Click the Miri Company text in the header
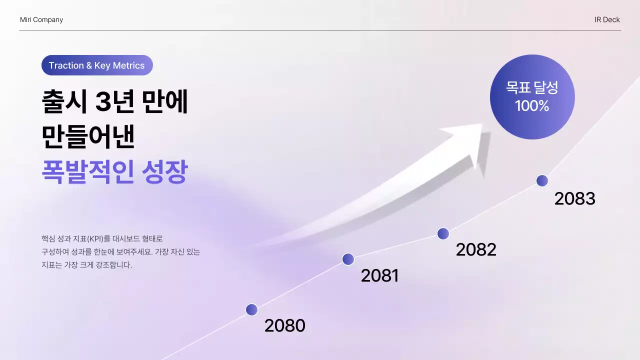[x=41, y=20]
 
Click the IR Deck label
[x=607, y=20]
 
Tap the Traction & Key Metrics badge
[x=97, y=65]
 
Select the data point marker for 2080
[x=252, y=310]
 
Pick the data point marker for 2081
[x=348, y=259]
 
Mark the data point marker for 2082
[x=443, y=233]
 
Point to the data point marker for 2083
[x=542, y=181]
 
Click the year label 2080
[x=284, y=326]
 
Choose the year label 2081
[x=379, y=275]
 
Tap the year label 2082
[x=475, y=249]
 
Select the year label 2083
[x=574, y=199]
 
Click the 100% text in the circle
[x=532, y=106]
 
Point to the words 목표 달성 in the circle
[x=532, y=88]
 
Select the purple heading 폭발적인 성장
[x=114, y=172]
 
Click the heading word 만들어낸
[x=88, y=136]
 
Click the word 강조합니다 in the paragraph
[x=114, y=265]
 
